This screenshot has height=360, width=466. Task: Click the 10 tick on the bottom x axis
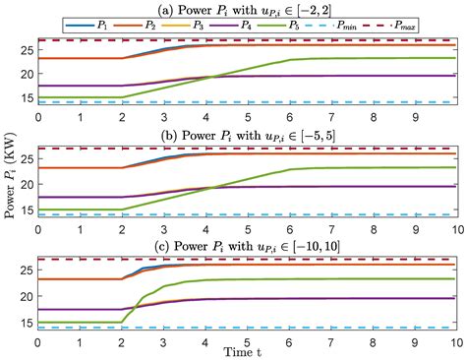(x=453, y=339)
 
